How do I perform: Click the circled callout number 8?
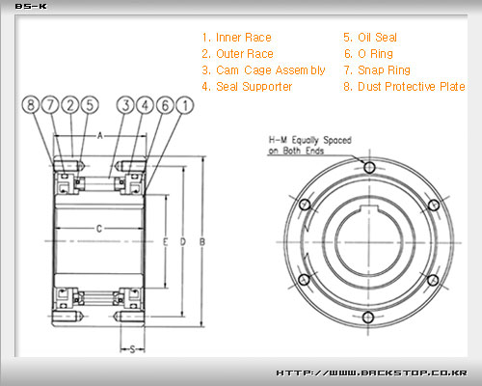pos(31,105)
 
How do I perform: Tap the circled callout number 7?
pos(50,105)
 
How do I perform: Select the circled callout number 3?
pos(125,105)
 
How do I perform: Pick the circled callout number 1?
pos(185,105)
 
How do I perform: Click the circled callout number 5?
pos(90,105)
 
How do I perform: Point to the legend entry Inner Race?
pos(237,38)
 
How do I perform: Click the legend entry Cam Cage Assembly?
pos(263,70)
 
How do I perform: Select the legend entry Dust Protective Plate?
pos(404,87)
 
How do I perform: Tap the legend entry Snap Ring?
pos(377,70)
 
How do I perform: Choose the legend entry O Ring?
pos(368,54)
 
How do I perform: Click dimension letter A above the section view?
pos(100,136)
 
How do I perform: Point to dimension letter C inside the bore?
pos(99,229)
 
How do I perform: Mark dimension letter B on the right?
pos(202,242)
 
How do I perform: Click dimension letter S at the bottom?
pos(132,349)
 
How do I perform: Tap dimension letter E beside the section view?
pos(165,242)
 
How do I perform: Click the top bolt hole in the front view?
pos(369,167)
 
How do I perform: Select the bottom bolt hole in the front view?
pos(368,317)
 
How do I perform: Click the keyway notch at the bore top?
pos(369,208)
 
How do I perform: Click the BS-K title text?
pos(31,7)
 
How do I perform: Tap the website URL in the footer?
pos(372,372)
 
